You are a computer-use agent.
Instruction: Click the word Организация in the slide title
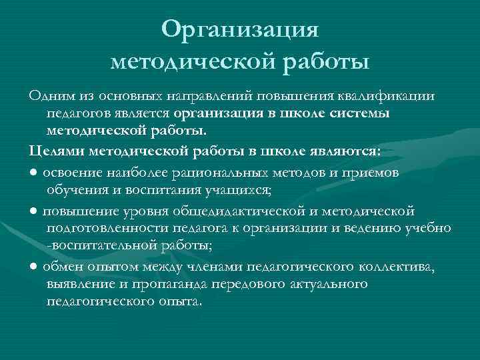pyautogui.click(x=241, y=29)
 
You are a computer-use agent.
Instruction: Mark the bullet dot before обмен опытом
pyautogui.click(x=33, y=268)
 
